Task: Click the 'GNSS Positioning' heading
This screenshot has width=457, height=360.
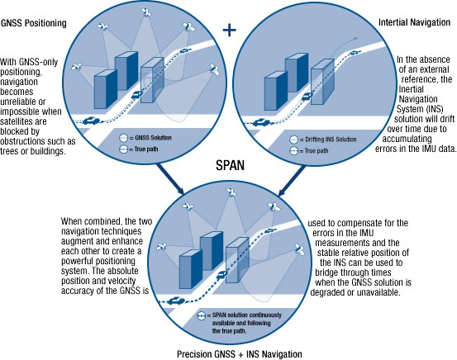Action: point(34,23)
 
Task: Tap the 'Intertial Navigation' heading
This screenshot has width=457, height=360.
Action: point(414,22)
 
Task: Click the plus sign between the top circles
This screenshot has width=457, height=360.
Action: point(230,30)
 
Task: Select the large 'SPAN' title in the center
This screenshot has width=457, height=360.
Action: point(230,165)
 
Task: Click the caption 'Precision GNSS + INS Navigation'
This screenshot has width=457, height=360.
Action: point(240,354)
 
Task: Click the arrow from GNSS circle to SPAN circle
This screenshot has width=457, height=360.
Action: point(170,178)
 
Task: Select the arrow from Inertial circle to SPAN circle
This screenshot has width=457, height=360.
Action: point(293,180)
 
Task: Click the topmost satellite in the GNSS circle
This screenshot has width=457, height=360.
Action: point(145,12)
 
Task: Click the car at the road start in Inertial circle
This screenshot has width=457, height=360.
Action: point(261,122)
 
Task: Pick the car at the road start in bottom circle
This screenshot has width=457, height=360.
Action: point(176,301)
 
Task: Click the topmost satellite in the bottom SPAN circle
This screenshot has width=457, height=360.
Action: point(231,192)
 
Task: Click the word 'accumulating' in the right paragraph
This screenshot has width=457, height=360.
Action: point(407,139)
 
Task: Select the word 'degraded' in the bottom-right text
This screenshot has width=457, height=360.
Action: point(328,292)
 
